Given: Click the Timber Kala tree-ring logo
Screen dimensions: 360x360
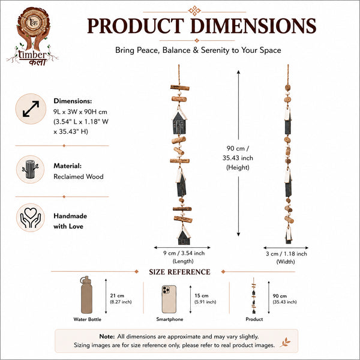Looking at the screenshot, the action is [x=32, y=36].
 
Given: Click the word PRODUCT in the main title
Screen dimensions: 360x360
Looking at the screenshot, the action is [x=136, y=26].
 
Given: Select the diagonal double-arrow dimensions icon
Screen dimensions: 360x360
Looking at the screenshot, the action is [x=31, y=109].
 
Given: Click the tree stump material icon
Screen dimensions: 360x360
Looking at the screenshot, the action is [x=31, y=169].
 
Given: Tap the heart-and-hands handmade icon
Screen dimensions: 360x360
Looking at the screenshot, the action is [x=31, y=218].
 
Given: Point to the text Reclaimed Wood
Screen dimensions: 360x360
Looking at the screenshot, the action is [x=79, y=176].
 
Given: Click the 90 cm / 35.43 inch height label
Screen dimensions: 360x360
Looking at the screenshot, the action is [x=238, y=158].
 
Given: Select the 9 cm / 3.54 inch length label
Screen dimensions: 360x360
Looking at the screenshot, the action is [x=184, y=257].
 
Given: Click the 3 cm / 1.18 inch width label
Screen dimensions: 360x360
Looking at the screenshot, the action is [x=286, y=257].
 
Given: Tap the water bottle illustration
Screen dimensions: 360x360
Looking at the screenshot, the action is [x=86, y=295].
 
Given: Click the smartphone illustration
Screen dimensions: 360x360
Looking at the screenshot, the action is [x=169, y=299].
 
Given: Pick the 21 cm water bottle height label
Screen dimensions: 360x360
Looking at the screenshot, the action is [x=121, y=298].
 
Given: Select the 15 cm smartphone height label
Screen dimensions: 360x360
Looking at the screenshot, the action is [x=205, y=298].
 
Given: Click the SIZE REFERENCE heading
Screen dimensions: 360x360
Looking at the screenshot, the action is [x=179, y=272].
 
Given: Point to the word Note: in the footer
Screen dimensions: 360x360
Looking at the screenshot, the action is [x=107, y=337].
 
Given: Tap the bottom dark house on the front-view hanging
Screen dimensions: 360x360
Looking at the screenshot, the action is [x=184, y=235].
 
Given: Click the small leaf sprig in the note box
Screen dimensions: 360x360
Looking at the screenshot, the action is [x=286, y=343].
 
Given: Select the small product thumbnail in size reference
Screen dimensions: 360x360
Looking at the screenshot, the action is [x=254, y=295].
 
